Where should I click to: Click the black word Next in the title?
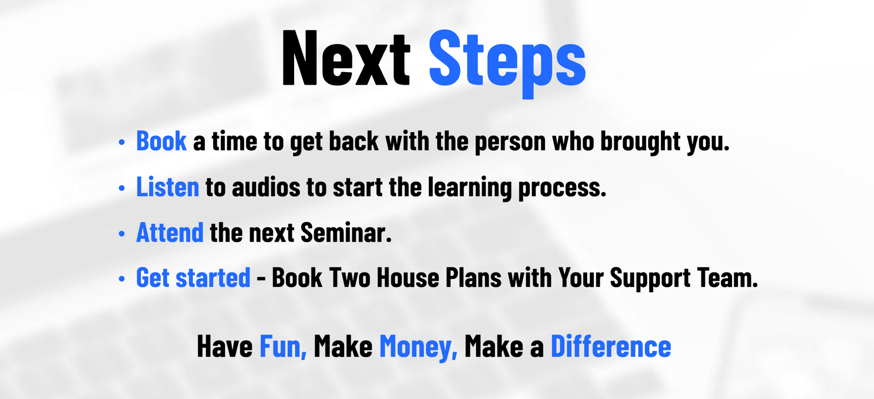tap(346, 58)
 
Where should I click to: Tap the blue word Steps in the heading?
tap(507, 62)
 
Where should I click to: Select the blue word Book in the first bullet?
tap(161, 141)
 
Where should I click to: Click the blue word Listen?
tap(168, 187)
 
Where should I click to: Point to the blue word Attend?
tap(170, 232)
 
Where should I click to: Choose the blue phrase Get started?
tap(193, 278)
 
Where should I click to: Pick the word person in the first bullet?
tap(510, 142)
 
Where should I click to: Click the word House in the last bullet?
tap(408, 278)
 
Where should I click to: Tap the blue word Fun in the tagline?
tap(283, 346)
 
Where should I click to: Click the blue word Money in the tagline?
tap(418, 347)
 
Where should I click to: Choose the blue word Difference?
tap(610, 346)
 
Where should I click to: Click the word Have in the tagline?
tap(225, 346)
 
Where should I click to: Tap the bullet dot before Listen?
tap(122, 188)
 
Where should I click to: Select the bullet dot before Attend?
tap(122, 233)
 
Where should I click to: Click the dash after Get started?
tap(261, 279)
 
